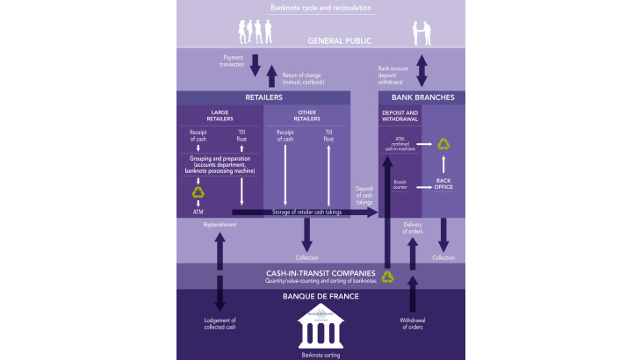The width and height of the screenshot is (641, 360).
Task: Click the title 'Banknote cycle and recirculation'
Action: pyautogui.click(x=321, y=8)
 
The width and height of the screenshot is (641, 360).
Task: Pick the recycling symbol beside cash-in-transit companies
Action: pyautogui.click(x=387, y=277)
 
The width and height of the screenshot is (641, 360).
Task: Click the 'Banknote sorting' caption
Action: pyautogui.click(x=321, y=354)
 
